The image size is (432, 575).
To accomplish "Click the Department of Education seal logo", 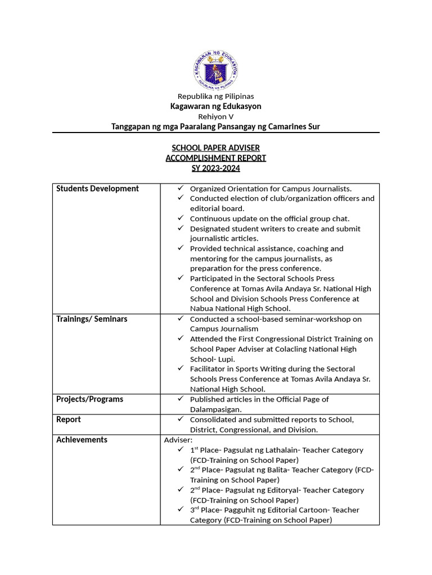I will pos(216,70).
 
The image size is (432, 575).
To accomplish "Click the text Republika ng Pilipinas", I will pos(216,97).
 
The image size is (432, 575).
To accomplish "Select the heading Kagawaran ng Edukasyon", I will pos(216,106).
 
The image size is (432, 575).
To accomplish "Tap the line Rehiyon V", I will pos(216,116).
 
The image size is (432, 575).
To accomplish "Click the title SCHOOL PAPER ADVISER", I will pos(216,148).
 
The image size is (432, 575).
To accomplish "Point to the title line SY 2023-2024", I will pos(216,168).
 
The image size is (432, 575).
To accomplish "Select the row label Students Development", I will pos(97,189).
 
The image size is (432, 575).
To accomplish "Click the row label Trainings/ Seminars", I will pos(92,319).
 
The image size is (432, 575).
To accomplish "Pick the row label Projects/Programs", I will pos(89,399).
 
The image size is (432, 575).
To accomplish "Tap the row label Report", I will pos(69,419).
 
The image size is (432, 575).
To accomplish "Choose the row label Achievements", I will pos(82,440).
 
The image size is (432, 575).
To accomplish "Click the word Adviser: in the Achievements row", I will pos(178,440).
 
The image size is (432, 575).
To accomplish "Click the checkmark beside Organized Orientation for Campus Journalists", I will pos(180,189).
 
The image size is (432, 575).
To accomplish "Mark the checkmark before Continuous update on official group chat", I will pos(180,218).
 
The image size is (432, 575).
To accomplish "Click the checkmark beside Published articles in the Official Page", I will pos(180,399).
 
